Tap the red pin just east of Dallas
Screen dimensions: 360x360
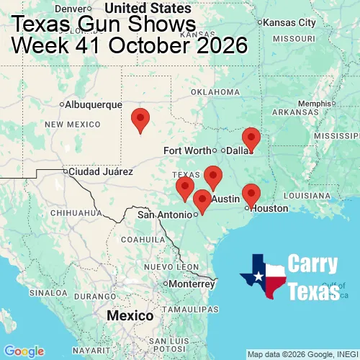point(251,138)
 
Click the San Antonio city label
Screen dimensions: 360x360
point(165,215)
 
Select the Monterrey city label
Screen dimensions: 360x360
point(192,284)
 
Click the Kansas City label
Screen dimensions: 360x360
point(290,22)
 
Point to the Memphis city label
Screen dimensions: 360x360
point(316,103)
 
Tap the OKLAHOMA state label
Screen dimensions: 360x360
point(215,92)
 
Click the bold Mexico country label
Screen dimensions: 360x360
point(130,316)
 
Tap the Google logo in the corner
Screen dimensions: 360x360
point(23,351)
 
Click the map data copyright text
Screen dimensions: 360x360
point(302,354)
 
